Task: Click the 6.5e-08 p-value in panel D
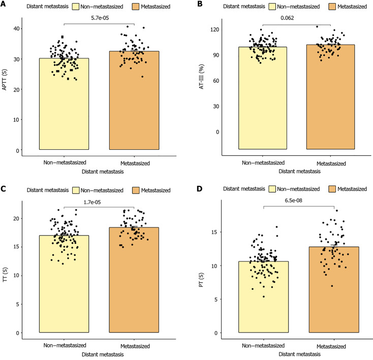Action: (x=298, y=200)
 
